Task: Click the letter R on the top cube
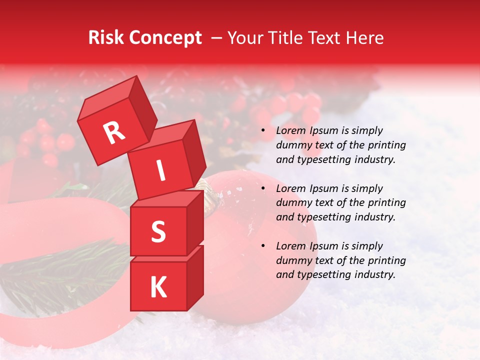[x=114, y=132]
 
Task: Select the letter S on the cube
[x=158, y=231]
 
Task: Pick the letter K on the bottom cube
[x=158, y=287]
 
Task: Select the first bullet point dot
[x=263, y=131]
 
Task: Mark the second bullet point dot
[x=263, y=189]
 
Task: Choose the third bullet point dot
[x=263, y=246]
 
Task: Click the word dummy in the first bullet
[x=292, y=145]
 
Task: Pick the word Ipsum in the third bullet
[x=324, y=246]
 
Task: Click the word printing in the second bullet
[x=388, y=203]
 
